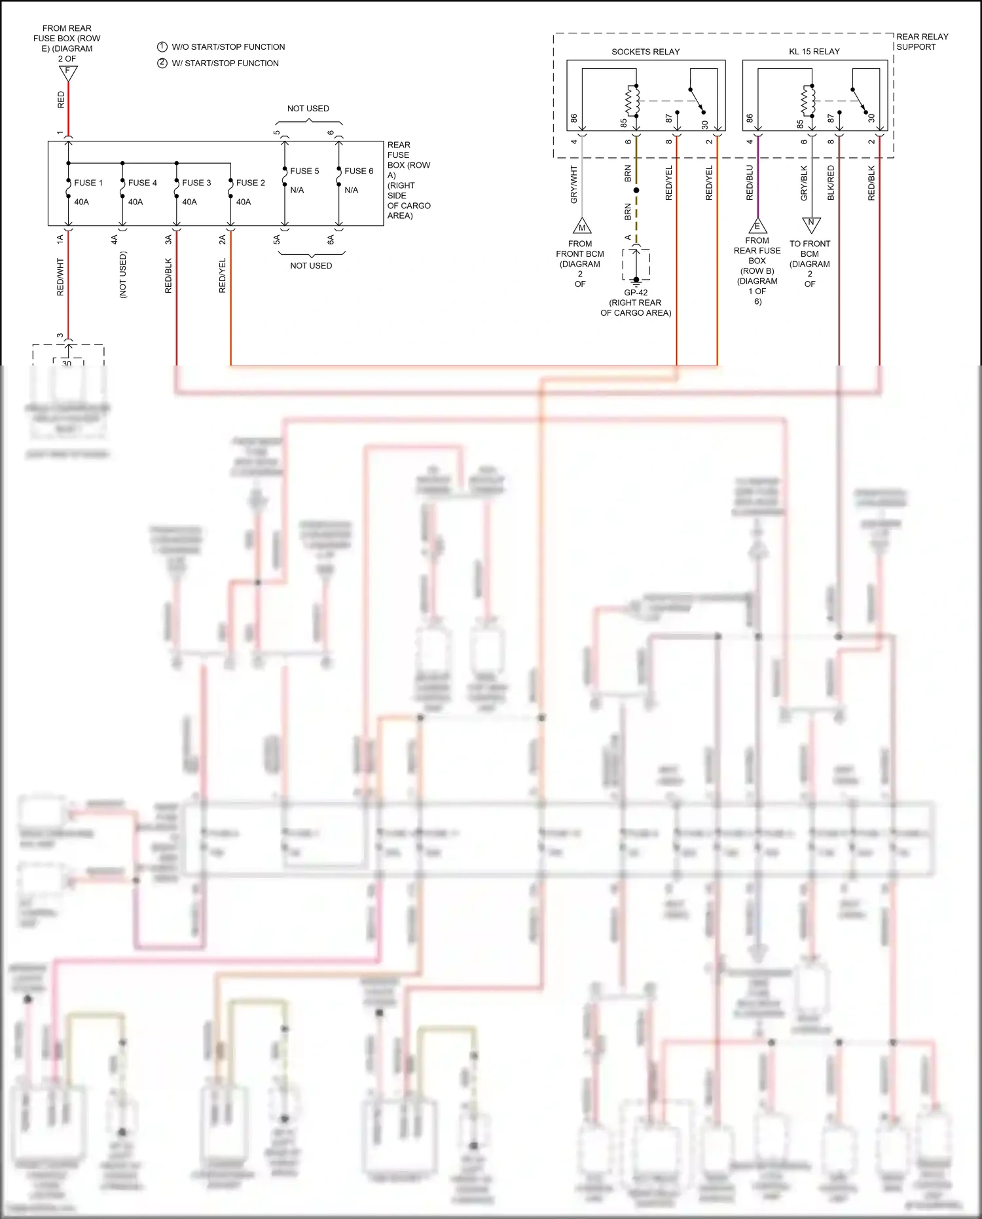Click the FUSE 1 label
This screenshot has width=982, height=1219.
click(x=88, y=183)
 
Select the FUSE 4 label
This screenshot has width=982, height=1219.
click(x=142, y=183)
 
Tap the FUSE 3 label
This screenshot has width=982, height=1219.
click(x=196, y=183)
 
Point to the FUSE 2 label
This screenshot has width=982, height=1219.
click(x=250, y=183)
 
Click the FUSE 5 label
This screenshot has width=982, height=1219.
click(x=304, y=171)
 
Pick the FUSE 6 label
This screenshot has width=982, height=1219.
click(x=359, y=171)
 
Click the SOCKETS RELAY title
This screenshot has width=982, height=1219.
click(x=645, y=52)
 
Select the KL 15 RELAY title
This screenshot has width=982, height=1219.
click(x=814, y=51)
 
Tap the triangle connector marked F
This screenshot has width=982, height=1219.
click(x=67, y=73)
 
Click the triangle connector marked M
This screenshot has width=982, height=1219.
click(x=582, y=227)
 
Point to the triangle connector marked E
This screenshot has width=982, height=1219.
click(x=757, y=226)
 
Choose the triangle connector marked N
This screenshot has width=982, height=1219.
click(x=811, y=224)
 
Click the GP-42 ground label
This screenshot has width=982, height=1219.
click(x=636, y=293)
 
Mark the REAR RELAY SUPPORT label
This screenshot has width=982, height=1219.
click(x=921, y=41)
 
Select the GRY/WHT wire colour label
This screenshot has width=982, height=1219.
click(x=574, y=184)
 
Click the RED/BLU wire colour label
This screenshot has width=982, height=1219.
click(x=750, y=183)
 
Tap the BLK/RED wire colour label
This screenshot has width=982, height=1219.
click(x=831, y=183)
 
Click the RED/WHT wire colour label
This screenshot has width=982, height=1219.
click(x=60, y=277)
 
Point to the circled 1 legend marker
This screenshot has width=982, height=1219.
click(x=162, y=47)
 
